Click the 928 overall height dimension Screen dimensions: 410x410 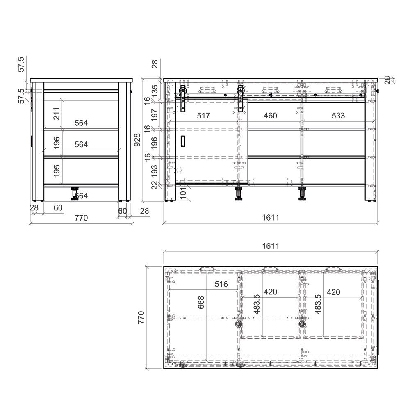(x=137, y=140)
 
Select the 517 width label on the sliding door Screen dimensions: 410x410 (x=203, y=116)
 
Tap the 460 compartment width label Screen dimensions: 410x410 (x=270, y=116)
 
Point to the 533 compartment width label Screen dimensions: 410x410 (x=338, y=116)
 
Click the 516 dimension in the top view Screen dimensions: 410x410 (x=221, y=284)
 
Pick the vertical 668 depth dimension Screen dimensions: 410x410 (x=201, y=303)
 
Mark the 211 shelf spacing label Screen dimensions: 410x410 (x=57, y=114)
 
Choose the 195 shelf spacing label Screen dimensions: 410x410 (x=57, y=171)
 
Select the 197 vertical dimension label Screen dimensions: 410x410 (x=155, y=115)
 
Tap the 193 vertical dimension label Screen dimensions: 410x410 (x=155, y=171)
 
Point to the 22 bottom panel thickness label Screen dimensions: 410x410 (x=155, y=185)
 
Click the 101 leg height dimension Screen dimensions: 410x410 (x=183, y=193)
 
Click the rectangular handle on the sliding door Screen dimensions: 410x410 (x=183, y=141)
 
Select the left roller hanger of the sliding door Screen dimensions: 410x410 (x=183, y=98)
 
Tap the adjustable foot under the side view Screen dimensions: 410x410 (x=75, y=194)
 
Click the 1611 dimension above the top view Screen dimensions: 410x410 (x=271, y=246)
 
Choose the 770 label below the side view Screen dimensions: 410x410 (x=81, y=218)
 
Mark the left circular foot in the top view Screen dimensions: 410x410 (x=238, y=324)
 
